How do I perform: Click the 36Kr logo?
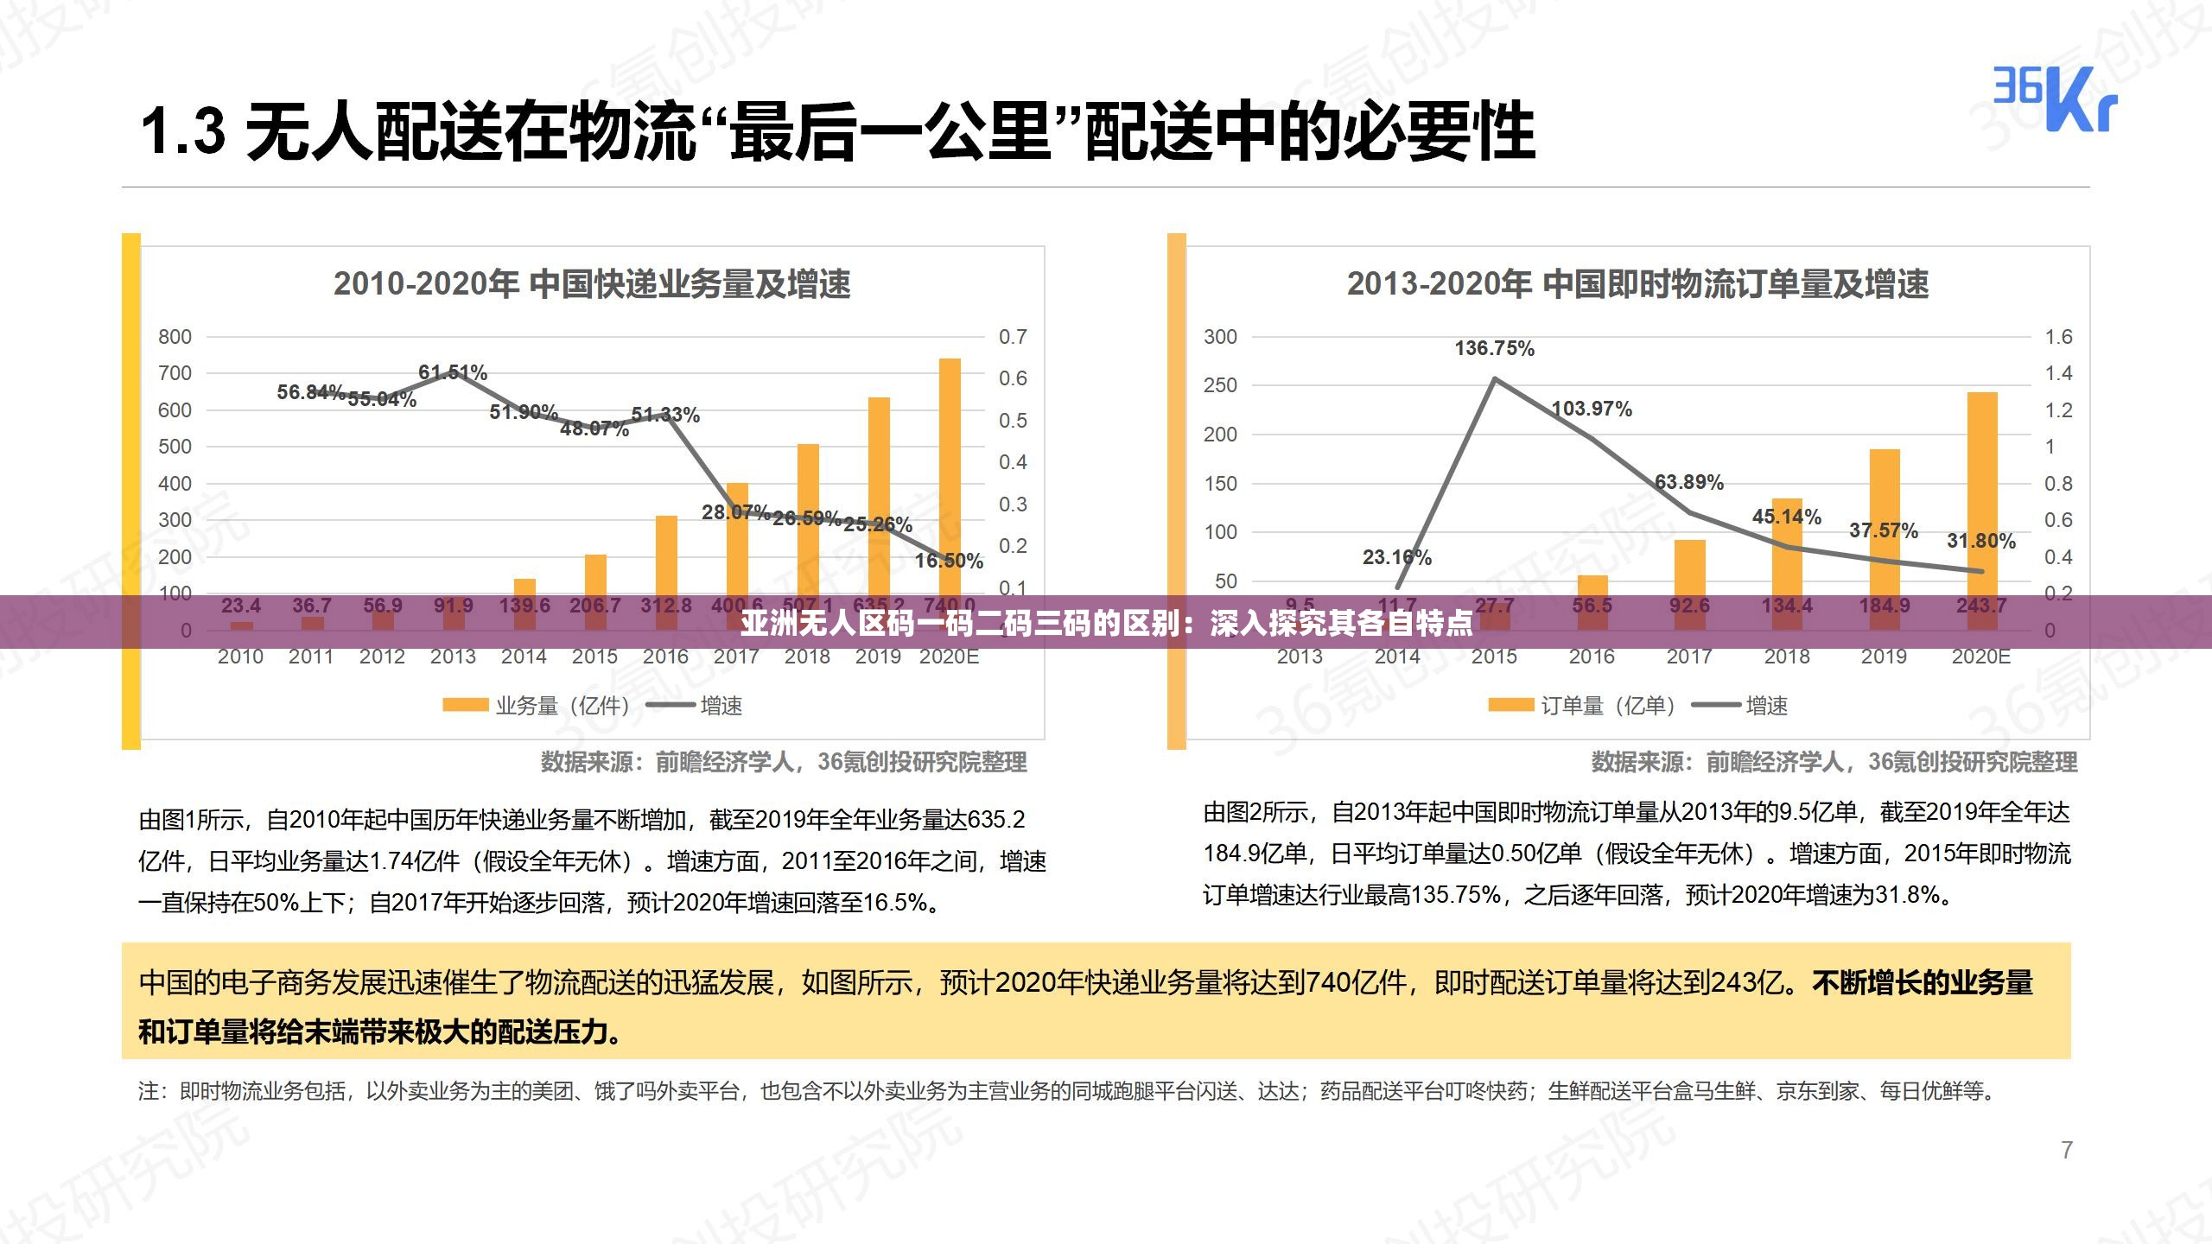pos(2055,99)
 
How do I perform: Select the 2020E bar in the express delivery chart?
pos(950,475)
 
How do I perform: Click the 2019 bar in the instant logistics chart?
pos(1885,518)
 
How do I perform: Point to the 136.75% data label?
pos(1494,348)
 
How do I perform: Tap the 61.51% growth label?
pos(453,372)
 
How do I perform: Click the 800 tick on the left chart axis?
pos(175,337)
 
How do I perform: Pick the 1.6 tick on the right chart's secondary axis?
pos(2058,337)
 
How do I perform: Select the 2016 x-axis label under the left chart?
pos(665,657)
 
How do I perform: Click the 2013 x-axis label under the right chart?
pos(1300,657)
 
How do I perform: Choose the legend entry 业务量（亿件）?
pos(536,706)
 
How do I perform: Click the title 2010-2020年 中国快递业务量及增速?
pos(592,284)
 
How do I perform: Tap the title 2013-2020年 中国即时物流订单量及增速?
pos(1637,284)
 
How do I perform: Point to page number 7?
pos(2067,1151)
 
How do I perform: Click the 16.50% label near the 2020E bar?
pos(949,562)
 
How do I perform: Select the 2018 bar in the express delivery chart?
pos(808,518)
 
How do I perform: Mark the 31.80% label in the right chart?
pos(1981,542)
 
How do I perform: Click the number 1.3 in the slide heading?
pos(183,132)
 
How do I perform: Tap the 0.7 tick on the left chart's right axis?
pos(1013,337)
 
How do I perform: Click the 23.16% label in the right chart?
pos(1397,558)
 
